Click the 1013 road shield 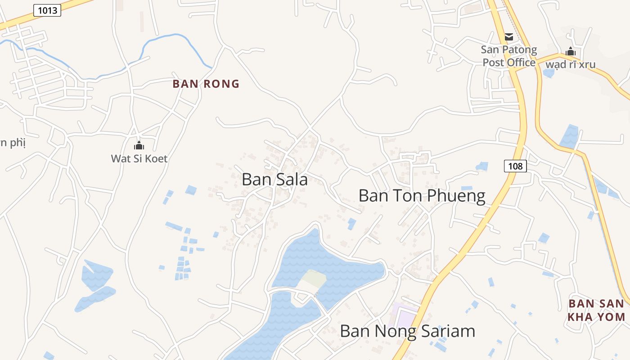tap(47, 10)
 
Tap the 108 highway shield tap(515, 166)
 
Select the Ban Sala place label tap(274, 180)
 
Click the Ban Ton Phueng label tap(422, 196)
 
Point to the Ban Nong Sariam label tap(407, 331)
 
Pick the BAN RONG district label tap(206, 84)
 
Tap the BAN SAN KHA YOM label tap(596, 310)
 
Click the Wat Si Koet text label tap(139, 158)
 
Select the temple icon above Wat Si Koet tap(139, 145)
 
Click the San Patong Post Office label tap(509, 56)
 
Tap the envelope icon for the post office tap(509, 37)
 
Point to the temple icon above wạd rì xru tap(571, 52)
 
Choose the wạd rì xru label tap(571, 64)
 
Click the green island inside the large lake tap(313, 280)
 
